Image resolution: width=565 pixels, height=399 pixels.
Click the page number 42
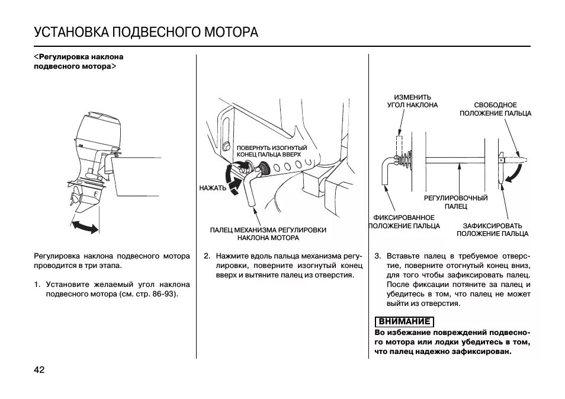coord(39,370)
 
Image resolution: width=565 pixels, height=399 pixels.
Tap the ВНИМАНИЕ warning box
coord(405,322)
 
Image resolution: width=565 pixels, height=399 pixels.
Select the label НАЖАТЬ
coord(213,188)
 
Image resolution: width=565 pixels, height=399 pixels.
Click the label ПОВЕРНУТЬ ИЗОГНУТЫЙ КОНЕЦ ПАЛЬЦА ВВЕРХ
coord(272,151)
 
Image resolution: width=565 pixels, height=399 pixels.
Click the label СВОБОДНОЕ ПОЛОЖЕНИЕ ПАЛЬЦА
coord(495,109)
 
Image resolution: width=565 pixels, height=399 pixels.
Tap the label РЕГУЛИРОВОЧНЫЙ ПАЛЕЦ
coord(456,202)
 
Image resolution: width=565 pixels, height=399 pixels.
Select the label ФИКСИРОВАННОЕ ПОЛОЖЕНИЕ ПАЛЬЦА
coord(405,222)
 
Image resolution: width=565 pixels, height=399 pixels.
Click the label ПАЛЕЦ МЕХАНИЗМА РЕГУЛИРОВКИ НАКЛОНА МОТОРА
coord(268,234)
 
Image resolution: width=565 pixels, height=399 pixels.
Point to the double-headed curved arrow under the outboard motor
coord(85,225)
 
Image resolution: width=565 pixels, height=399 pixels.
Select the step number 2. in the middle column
coord(207,256)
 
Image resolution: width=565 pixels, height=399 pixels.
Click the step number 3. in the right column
coord(377,256)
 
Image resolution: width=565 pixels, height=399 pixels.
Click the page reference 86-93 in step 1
coord(166,294)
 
